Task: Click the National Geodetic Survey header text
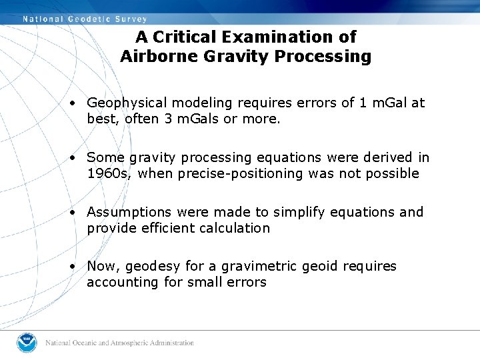[x=85, y=19]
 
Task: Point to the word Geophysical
[x=127, y=103]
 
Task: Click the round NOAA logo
[x=27, y=343]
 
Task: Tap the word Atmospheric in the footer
[x=131, y=343]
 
